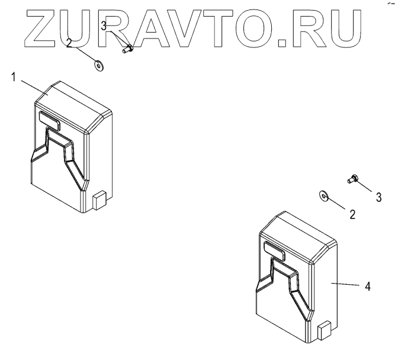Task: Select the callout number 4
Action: (x=368, y=287)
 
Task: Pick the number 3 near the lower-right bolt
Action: (x=378, y=197)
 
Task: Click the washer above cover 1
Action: (x=98, y=64)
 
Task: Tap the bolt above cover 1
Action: (x=126, y=50)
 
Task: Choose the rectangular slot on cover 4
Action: (x=274, y=250)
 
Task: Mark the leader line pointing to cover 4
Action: (x=346, y=285)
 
